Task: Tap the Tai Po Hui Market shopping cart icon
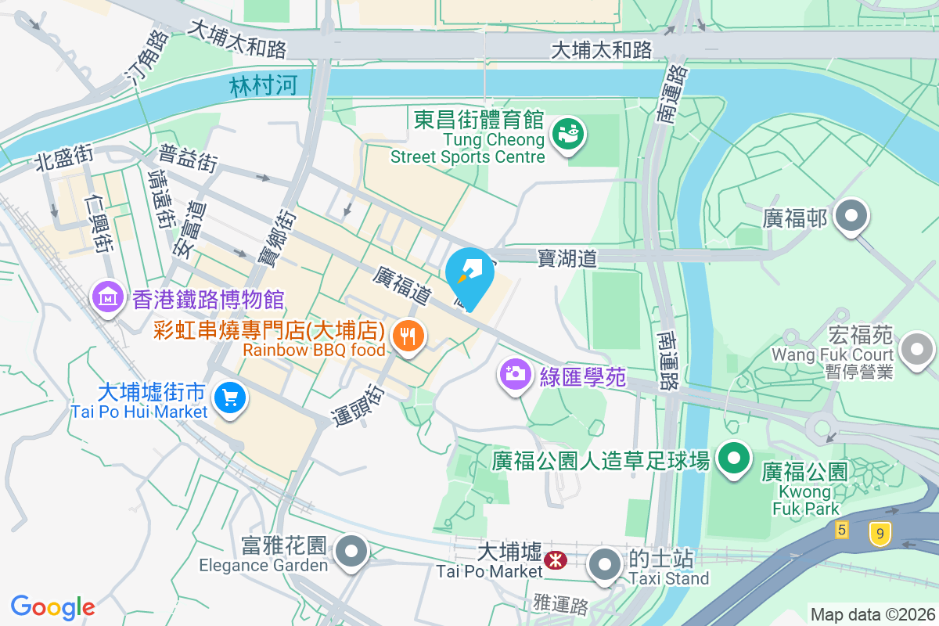tap(230, 398)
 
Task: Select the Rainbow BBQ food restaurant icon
tap(407, 336)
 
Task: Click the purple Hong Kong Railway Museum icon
tap(106, 297)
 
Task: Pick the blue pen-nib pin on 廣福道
tap(469, 275)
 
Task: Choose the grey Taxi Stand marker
tap(604, 565)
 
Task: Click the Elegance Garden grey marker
tap(351, 551)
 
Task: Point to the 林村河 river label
tap(264, 85)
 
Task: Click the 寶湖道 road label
tap(567, 257)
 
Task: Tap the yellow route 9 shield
tap(880, 534)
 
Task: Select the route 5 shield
tap(841, 530)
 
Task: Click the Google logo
tap(52, 606)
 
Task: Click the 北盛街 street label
tap(63, 159)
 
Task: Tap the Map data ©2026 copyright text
tap(872, 614)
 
